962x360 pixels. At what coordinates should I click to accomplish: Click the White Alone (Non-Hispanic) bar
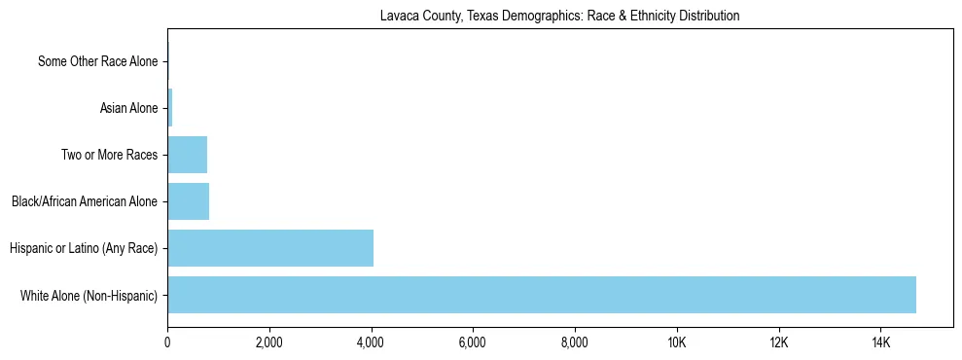(x=541, y=295)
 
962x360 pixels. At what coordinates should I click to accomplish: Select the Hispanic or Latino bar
(x=270, y=248)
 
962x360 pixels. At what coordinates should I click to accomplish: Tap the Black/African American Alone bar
(x=188, y=201)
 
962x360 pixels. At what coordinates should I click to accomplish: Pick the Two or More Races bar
(x=187, y=155)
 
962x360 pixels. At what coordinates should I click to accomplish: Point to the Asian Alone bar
(x=170, y=108)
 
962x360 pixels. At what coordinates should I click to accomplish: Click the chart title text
(x=559, y=16)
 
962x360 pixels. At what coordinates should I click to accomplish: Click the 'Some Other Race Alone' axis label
(x=97, y=61)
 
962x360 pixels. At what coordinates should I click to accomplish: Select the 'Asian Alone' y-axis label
(x=128, y=108)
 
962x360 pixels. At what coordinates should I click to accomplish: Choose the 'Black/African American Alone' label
(x=85, y=201)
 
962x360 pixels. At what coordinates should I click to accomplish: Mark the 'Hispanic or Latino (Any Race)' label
(x=84, y=248)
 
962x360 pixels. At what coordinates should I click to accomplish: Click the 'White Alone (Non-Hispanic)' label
(x=89, y=295)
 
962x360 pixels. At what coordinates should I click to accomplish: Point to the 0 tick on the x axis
(x=167, y=342)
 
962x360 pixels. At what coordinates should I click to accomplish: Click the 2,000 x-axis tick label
(x=268, y=342)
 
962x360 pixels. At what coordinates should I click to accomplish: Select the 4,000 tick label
(x=371, y=342)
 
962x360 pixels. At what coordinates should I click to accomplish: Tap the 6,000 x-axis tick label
(x=473, y=342)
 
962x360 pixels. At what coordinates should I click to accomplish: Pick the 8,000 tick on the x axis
(x=575, y=342)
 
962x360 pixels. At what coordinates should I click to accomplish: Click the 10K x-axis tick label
(x=677, y=342)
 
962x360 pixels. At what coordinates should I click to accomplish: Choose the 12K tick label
(x=779, y=342)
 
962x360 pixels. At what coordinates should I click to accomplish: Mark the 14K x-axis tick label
(x=880, y=342)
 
